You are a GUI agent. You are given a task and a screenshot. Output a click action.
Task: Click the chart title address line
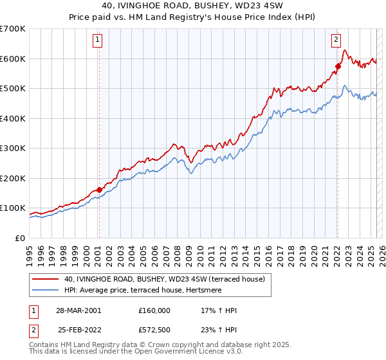tap(193, 6)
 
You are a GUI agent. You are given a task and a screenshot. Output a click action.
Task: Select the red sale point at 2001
tap(99, 190)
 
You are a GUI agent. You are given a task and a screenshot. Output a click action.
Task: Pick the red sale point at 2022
tap(338, 66)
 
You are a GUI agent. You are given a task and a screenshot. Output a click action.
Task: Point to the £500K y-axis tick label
tap(12, 89)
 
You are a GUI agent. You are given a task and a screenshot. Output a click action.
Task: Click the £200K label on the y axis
tap(12, 178)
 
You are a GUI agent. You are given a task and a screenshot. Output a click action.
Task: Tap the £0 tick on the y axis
tap(19, 238)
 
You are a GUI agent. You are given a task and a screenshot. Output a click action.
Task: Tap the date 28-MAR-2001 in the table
tap(78, 310)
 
